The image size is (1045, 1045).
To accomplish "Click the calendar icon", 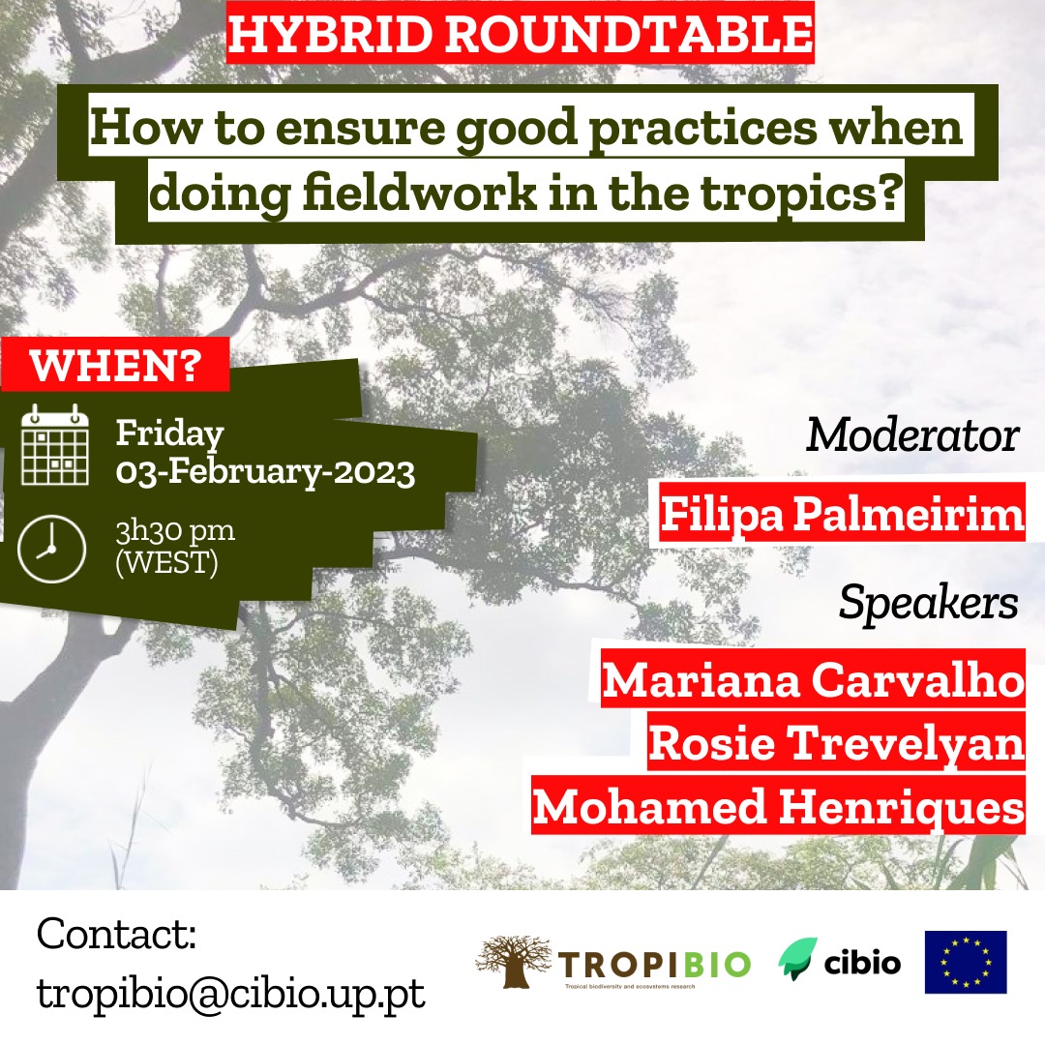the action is click(x=54, y=444).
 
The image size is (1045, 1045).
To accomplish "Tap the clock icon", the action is click(x=51, y=549).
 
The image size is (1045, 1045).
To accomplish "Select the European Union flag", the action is click(x=966, y=963).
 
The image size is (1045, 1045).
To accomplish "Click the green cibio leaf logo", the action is click(x=797, y=958).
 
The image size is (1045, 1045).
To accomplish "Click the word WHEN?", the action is click(x=115, y=365).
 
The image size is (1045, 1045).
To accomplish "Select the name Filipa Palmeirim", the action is click(x=843, y=514).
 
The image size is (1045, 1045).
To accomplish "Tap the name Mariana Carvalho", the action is click(x=813, y=680).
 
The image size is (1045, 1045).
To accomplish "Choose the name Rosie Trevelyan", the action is click(x=836, y=743).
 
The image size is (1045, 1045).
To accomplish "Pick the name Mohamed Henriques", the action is click(x=778, y=806).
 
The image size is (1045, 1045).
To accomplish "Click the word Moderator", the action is click(x=912, y=435).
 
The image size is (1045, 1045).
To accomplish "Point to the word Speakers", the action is click(x=928, y=603).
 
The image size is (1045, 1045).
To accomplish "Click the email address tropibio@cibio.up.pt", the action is click(x=230, y=995).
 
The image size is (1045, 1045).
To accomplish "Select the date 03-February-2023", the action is click(x=265, y=472).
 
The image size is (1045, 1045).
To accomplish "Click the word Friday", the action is click(x=170, y=434).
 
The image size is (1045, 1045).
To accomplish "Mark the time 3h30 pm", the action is click(x=175, y=531).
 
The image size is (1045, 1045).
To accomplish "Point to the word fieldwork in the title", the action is click(x=420, y=194).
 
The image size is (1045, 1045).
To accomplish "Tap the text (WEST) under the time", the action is click(x=166, y=562).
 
